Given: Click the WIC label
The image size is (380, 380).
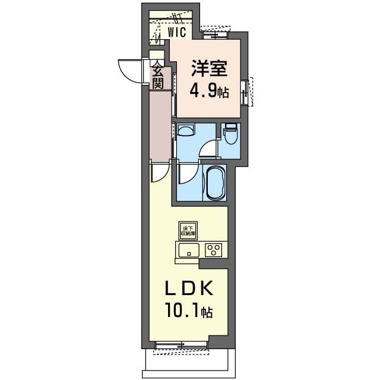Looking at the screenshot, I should point(176,33).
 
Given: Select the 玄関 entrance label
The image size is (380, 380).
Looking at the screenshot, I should point(157,76).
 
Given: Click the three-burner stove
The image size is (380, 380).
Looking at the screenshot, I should point(214,249).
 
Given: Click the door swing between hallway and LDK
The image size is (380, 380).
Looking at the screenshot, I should point(159,172).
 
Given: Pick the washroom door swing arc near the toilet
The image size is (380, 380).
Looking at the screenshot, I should point(209,149).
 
